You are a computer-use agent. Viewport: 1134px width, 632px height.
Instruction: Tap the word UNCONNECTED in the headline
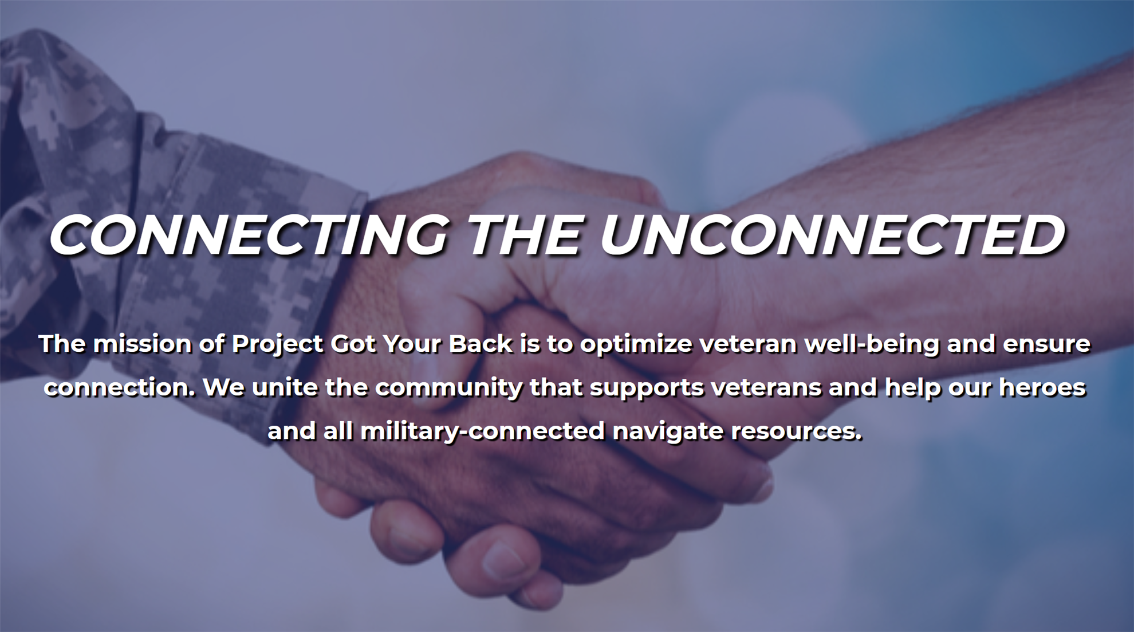click(832, 234)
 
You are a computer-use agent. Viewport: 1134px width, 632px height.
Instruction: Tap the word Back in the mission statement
click(481, 344)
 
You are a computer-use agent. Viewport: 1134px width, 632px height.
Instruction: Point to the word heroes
click(1042, 388)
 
